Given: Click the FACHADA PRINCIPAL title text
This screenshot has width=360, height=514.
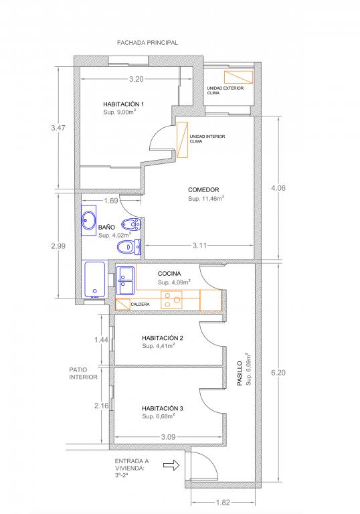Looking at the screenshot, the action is (147, 43).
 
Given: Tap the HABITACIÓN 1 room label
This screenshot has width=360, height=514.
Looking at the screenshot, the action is (124, 104).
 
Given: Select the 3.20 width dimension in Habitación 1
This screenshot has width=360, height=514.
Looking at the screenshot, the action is (137, 79).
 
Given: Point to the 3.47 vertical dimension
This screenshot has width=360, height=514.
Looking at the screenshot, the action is (58, 128).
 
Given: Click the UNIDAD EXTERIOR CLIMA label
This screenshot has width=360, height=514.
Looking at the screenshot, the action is (226, 90).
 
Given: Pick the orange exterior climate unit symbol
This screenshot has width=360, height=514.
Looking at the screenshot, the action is (238, 77).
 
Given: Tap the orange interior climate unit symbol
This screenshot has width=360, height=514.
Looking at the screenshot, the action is (182, 140).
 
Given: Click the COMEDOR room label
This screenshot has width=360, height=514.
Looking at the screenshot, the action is (203, 190).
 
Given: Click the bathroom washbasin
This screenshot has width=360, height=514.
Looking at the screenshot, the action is (88, 220).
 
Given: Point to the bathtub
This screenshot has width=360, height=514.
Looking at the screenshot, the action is (95, 279).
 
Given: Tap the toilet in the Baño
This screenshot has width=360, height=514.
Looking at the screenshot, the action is (128, 246).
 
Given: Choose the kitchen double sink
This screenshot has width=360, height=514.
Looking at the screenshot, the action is (125, 280).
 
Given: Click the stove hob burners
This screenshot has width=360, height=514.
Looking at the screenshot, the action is (171, 299).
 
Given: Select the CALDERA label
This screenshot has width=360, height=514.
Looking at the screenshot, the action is (140, 305).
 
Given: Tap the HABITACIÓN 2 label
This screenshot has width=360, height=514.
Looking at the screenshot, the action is (163, 338).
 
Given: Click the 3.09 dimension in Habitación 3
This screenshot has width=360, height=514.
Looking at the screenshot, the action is (168, 436).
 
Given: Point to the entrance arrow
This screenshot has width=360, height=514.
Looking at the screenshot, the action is (171, 464).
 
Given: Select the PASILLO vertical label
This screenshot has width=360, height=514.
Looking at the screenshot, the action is (240, 373).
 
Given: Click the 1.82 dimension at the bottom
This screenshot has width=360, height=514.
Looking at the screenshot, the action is (223, 502).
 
